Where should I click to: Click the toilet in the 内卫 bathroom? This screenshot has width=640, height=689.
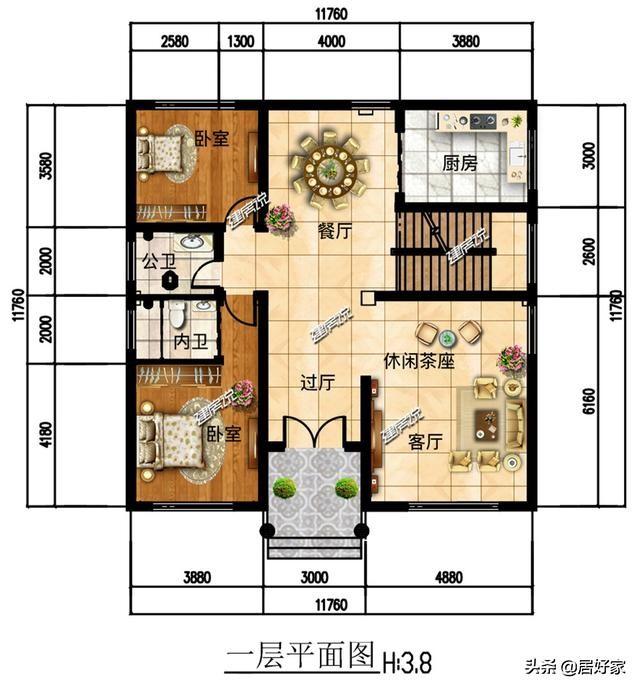coord(176,316)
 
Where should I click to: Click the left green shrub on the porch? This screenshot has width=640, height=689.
coord(285,488)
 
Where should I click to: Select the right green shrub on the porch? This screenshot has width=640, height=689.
coord(346,488)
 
